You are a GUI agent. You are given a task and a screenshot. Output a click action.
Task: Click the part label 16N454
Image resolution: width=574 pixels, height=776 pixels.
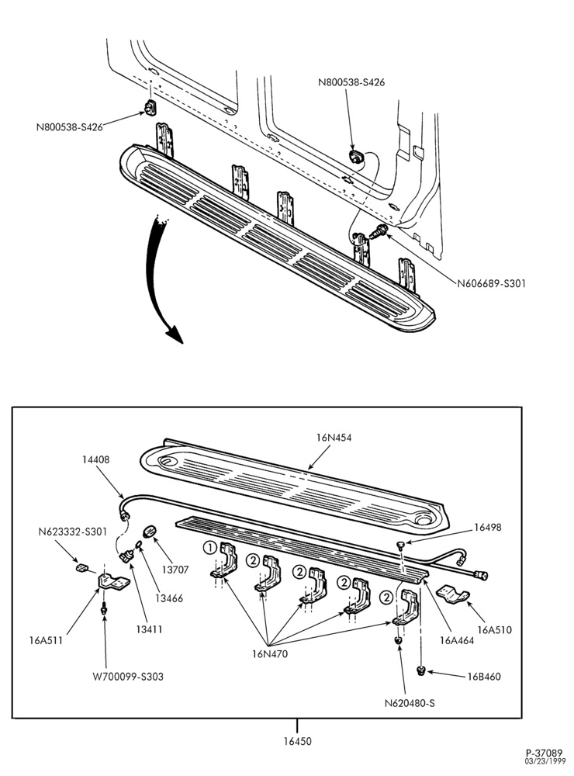334,438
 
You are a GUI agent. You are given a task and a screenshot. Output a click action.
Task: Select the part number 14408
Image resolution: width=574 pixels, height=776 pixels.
95,459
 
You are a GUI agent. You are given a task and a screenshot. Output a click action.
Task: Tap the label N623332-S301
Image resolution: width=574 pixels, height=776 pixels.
72,532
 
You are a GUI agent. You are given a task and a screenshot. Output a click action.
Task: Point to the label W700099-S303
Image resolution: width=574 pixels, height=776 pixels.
128,676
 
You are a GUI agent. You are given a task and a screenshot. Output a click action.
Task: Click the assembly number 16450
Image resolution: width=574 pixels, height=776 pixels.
297,741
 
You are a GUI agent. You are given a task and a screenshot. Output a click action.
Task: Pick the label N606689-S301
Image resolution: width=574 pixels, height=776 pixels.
491,283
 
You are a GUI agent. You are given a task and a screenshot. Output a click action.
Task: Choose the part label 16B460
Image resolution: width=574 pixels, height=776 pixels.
484,676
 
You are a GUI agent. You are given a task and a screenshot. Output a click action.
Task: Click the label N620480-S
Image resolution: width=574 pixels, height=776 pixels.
410,703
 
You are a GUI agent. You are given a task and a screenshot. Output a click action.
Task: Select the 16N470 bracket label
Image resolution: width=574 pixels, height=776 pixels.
270,653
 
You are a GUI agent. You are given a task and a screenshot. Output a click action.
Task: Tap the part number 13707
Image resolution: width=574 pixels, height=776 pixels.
175,570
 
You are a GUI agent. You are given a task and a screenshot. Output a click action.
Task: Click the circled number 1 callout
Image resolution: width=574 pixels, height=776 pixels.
209,547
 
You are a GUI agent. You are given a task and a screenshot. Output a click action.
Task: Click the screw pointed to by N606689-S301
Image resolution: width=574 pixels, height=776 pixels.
378,231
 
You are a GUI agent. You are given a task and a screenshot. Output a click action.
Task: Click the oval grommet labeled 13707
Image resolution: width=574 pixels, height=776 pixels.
149,532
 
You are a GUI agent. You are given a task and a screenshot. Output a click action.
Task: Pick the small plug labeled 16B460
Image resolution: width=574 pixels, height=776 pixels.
421,671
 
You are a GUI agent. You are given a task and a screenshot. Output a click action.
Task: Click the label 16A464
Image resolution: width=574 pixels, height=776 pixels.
457,640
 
